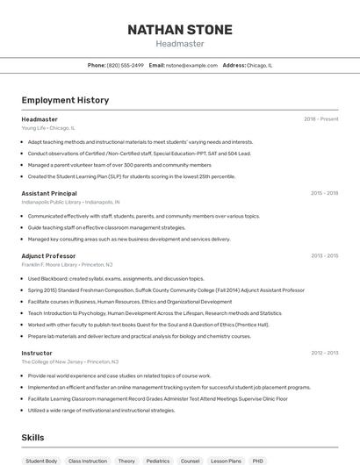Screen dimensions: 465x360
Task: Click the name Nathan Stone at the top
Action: click(x=180, y=29)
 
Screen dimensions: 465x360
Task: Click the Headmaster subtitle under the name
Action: click(x=180, y=43)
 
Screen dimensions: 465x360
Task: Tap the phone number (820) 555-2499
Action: click(x=126, y=65)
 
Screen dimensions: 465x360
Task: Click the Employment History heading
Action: click(x=65, y=100)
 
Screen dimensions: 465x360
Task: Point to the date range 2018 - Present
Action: click(x=321, y=118)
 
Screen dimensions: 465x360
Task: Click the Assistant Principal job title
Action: click(x=49, y=193)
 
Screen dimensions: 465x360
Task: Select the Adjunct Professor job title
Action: click(x=48, y=255)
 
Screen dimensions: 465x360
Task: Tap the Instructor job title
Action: click(x=37, y=353)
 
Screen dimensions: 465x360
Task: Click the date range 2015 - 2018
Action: click(x=324, y=193)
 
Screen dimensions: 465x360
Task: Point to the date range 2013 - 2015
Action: click(x=324, y=255)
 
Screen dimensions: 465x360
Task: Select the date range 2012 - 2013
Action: click(x=324, y=353)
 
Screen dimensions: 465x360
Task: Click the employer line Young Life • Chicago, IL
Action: click(x=48, y=127)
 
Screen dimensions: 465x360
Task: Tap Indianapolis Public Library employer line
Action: click(x=70, y=202)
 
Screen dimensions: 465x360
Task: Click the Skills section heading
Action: click(x=33, y=436)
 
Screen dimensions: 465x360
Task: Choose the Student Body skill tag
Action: click(x=41, y=461)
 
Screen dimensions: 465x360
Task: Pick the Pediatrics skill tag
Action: click(x=157, y=461)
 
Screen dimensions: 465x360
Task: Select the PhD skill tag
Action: click(x=257, y=461)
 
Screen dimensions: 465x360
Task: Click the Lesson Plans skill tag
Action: click(x=226, y=461)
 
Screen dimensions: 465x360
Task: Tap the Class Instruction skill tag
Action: click(x=88, y=461)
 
